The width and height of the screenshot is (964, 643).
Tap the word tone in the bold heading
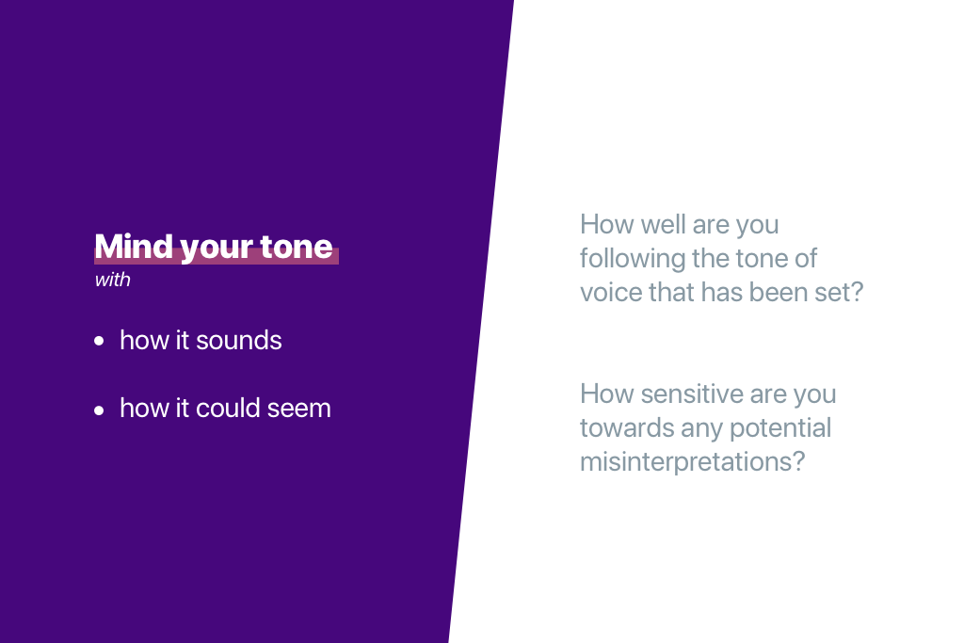297,247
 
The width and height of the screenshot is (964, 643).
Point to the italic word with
113,280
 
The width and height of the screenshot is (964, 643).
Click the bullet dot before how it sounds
99,341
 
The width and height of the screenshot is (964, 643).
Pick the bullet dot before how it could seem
99,410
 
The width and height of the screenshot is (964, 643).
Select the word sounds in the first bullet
239,341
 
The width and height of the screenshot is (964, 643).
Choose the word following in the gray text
632,259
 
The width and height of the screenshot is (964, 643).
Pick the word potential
780,428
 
